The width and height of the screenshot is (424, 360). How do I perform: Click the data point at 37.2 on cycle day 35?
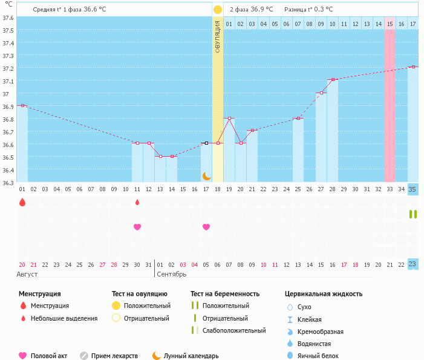pos(413,67)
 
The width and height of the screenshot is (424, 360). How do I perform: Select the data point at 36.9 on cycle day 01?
pos(22,105)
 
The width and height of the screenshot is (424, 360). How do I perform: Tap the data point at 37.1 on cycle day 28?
pos(333,79)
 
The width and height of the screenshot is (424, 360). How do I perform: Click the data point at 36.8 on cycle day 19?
pos(229,119)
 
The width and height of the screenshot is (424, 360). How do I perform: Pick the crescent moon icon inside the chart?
pos(207,175)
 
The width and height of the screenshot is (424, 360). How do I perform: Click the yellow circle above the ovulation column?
pos(218,10)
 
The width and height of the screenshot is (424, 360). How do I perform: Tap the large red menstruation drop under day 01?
pos(22,202)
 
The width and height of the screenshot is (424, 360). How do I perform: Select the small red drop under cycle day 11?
pos(137,202)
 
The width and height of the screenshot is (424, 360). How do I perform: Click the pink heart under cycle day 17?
pos(206,227)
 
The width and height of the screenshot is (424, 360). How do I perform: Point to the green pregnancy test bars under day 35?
pos(413,214)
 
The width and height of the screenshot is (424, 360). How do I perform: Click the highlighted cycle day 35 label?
pos(413,189)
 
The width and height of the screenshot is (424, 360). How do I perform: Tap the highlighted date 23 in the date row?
pos(413,264)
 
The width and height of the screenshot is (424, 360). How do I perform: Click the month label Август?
pos(27,274)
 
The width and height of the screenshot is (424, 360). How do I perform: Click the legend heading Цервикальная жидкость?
pos(324,294)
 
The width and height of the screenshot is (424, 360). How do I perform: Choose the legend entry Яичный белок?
pos(318,356)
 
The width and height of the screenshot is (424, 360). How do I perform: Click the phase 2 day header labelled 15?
pos(390,24)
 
